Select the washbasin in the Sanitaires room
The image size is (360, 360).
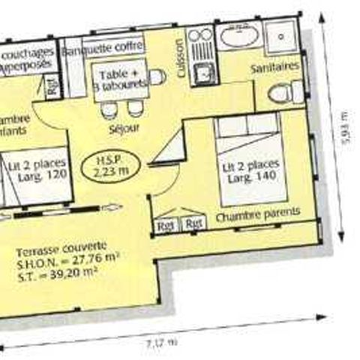240,37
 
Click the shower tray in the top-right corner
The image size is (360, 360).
282,35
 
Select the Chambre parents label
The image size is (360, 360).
257,214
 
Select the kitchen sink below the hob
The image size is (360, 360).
201,73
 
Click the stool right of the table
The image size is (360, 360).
157,77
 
